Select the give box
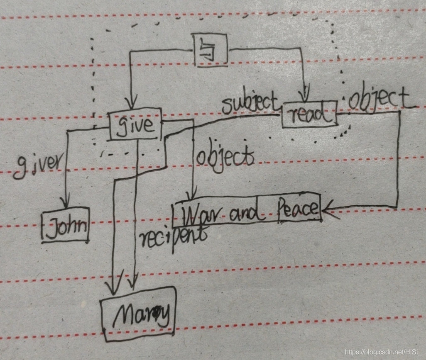(x=136, y=124)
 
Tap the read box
(x=309, y=114)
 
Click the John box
(x=66, y=227)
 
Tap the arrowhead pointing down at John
(x=64, y=203)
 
